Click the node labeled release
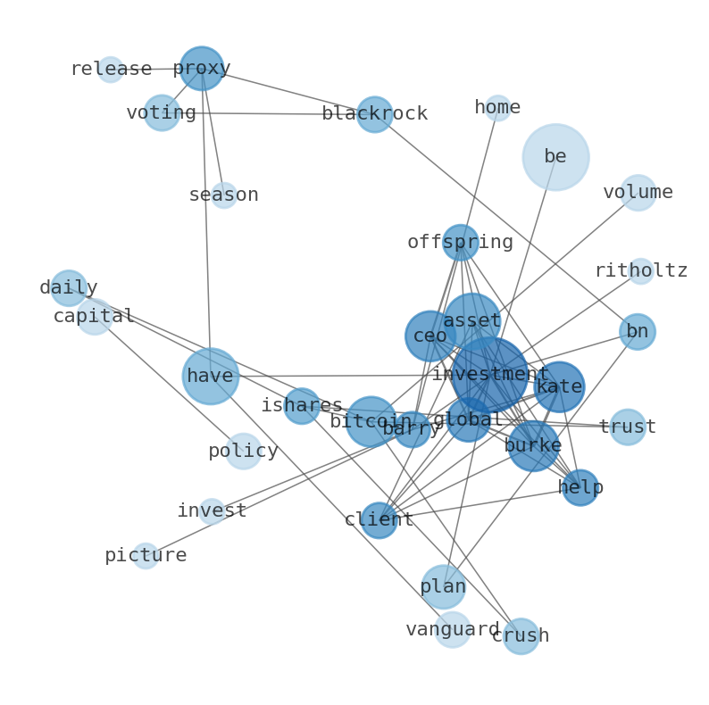[x=110, y=70]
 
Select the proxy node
[x=201, y=69]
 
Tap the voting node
[x=162, y=113]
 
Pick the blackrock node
[x=374, y=114]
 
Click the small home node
[x=497, y=108]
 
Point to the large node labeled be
[x=555, y=157]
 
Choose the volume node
[x=638, y=193]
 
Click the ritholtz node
[x=640, y=271]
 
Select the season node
[x=224, y=195]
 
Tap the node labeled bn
[x=637, y=332]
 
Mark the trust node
[x=627, y=427]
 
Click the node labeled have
[x=211, y=377]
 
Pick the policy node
[x=243, y=452]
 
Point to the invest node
[x=212, y=511]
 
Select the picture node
[x=146, y=556]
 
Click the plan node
[x=443, y=587]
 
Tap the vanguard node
[x=453, y=630]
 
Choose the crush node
[x=521, y=636]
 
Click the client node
[x=379, y=519]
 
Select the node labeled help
[x=580, y=487]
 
